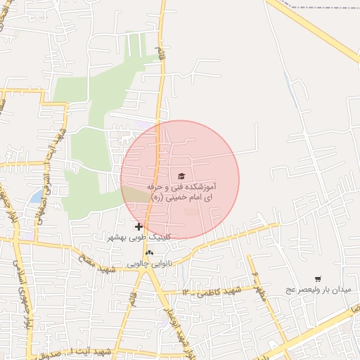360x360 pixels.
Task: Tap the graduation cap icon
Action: click(181, 176)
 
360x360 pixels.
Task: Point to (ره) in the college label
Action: click(156, 198)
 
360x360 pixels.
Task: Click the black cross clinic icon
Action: click(139, 226)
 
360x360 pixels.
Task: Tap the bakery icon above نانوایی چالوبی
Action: click(149, 252)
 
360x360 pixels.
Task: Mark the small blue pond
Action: click(35, 197)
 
